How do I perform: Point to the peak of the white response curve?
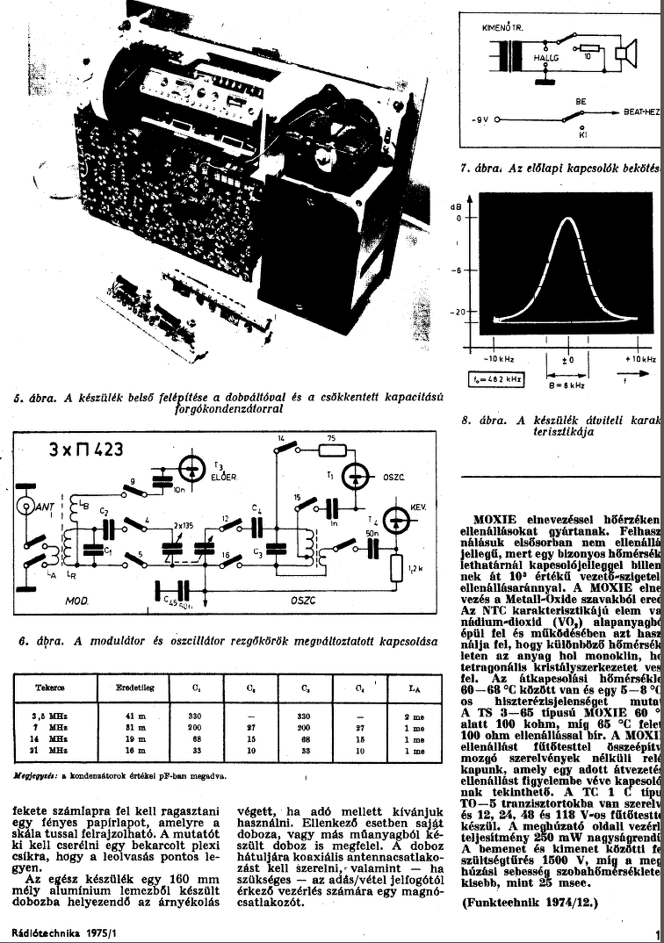[563, 218]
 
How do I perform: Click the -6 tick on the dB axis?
[457, 270]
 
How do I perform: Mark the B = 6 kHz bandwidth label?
[569, 385]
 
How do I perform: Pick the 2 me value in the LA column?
[414, 717]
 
